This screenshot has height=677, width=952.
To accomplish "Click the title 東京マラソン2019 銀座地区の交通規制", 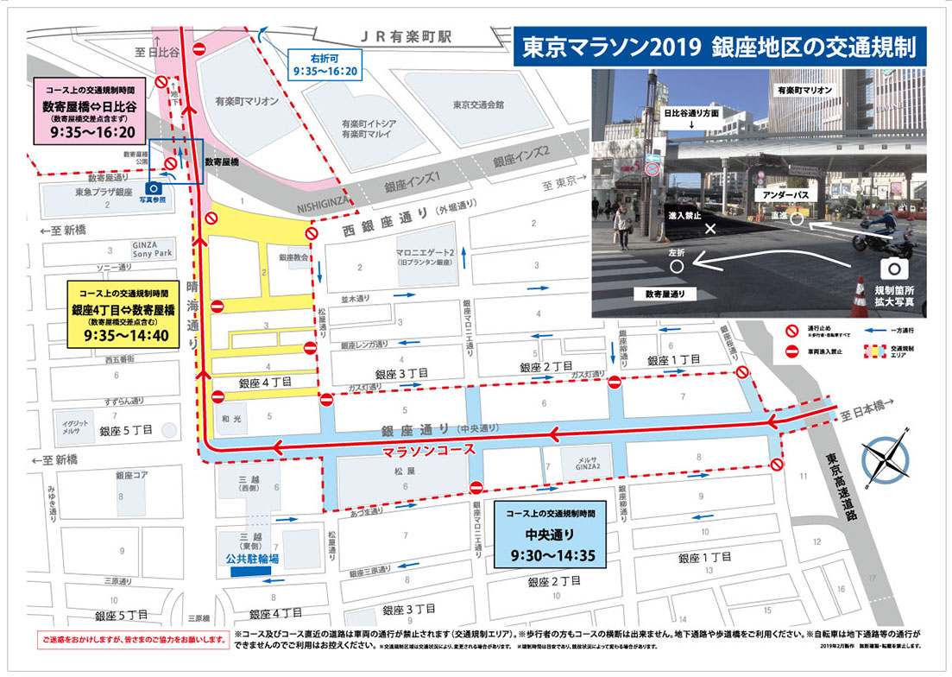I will coord(718,48).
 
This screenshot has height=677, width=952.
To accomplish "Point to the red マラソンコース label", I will coord(429,450).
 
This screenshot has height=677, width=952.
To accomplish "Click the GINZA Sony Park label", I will coord(151,249).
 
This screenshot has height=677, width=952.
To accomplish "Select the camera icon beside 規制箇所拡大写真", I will coord(888,268).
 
